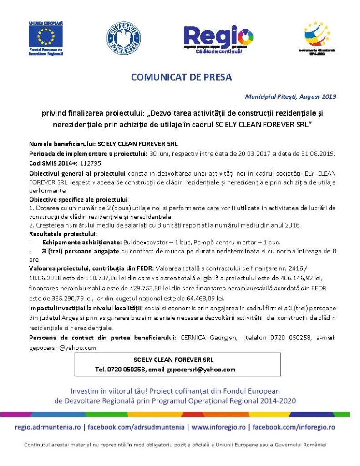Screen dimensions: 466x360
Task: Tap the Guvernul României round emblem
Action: (x=123, y=39)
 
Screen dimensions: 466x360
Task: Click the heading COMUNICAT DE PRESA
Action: (x=181, y=77)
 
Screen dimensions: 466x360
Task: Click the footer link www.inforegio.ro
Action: (x=218, y=427)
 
